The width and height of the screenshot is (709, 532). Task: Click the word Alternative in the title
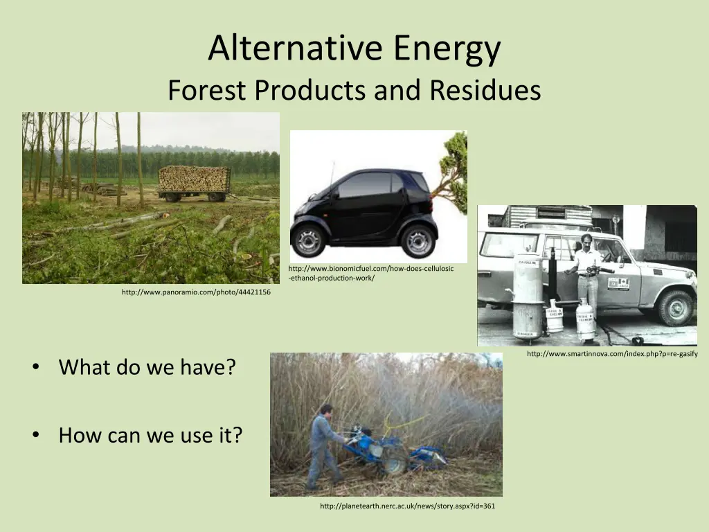295,47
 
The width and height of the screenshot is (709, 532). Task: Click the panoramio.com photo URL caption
196,292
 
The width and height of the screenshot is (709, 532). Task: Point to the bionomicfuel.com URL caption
371,273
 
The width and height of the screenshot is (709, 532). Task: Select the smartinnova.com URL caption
612,354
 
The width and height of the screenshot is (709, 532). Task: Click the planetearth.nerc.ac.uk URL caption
407,506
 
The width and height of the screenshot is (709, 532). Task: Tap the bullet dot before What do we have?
36,367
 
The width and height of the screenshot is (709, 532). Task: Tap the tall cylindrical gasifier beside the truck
528,298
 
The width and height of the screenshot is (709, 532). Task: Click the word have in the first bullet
201,367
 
